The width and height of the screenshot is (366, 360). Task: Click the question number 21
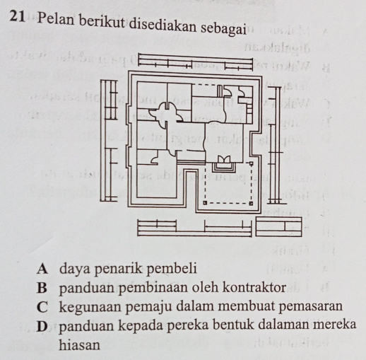[x=18, y=16]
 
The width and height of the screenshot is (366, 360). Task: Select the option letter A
[x=42, y=269]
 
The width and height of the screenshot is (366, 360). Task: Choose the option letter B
[x=42, y=288]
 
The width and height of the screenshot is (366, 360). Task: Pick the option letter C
[x=42, y=307]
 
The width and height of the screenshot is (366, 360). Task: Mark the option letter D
[x=42, y=327]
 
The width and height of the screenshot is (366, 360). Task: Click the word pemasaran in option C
[x=311, y=306]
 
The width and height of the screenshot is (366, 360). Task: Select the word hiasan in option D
[x=79, y=345]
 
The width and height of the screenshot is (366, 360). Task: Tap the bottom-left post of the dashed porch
[x=205, y=203]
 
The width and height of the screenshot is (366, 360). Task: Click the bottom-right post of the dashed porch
[x=251, y=203]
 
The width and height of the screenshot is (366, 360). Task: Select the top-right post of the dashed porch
[x=252, y=163]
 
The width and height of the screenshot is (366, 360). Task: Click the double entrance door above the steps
[x=223, y=159]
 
